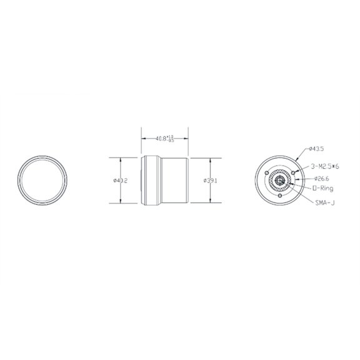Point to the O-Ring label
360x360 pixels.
tap(322, 187)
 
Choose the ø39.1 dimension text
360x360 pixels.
tap(211, 181)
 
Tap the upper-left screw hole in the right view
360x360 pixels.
tap(267, 173)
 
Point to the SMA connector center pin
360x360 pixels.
tap(279, 181)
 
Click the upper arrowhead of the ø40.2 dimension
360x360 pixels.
tap(119, 159)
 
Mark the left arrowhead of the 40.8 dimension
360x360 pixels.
tap(142, 139)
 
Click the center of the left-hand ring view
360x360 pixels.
tap(42, 180)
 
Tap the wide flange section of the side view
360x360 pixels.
tap(150, 180)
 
